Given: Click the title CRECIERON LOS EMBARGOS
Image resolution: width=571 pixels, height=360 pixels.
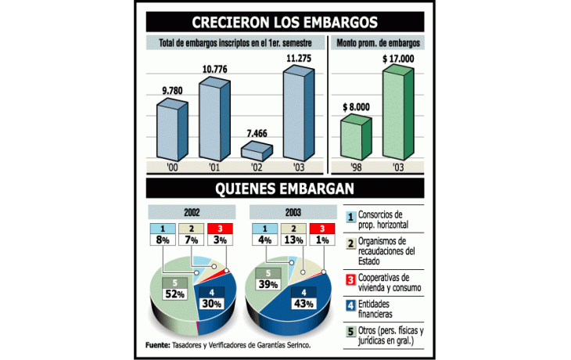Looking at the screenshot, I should tap(285, 21).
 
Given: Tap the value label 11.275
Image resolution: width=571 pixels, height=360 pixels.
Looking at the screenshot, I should tap(300, 56).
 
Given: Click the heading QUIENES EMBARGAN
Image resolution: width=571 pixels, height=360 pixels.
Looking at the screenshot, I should tap(285, 188).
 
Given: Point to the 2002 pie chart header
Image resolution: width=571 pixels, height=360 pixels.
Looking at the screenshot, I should tap(192, 211).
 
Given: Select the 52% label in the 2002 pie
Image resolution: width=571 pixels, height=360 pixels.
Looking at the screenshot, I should tap(174, 293).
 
